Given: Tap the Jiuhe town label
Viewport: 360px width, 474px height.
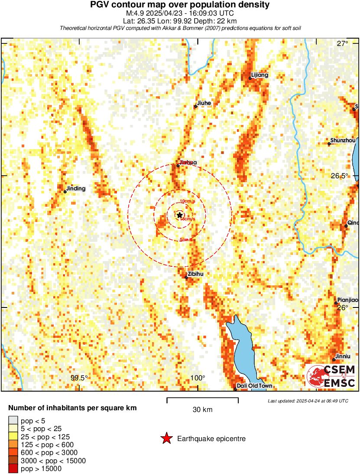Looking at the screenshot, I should [204, 103].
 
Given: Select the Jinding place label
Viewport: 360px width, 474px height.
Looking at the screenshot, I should [76, 189].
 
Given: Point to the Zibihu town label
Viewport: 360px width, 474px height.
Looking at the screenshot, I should [195, 274].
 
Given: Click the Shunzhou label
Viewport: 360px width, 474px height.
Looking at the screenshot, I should [342, 141].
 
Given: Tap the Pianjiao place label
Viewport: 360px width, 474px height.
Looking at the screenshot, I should [348, 300].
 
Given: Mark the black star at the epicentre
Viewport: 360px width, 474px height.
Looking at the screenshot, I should [179, 215].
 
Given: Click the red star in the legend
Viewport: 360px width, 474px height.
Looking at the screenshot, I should [166, 439].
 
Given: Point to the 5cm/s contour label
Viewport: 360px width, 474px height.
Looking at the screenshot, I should [186, 240].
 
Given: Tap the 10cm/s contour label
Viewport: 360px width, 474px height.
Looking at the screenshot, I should [187, 202].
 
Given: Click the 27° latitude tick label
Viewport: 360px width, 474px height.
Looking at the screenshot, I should [343, 43].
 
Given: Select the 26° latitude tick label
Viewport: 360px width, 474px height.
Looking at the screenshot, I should [343, 307].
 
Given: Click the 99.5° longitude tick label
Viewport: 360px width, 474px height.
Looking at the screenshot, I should [79, 378].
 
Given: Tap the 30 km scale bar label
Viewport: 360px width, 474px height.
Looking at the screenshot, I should [202, 409].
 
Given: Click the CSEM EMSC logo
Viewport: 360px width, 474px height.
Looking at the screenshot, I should [331, 376].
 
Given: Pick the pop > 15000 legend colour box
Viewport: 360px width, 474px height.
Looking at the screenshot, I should [13, 468].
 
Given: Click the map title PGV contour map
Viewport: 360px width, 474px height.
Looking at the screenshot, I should [180, 5].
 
